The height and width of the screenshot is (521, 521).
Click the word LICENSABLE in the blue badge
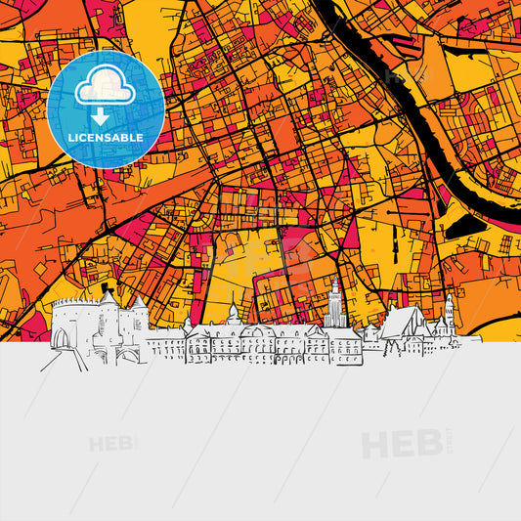tap(106, 139)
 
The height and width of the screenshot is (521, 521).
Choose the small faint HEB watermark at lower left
tap(111, 445)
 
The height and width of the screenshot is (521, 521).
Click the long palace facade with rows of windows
tap(259, 344)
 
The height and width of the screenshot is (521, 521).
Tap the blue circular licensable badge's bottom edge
tap(106, 167)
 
